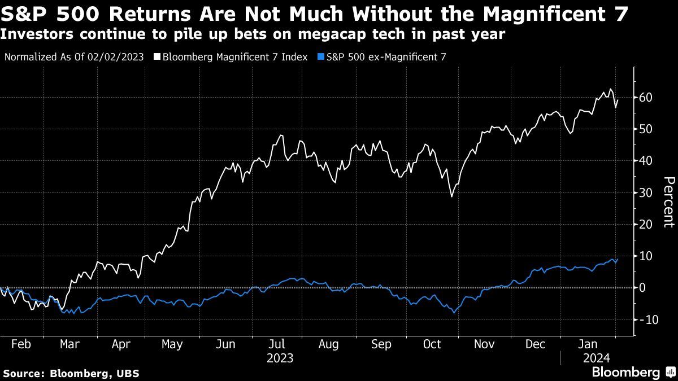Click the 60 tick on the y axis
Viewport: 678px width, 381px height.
point(646,98)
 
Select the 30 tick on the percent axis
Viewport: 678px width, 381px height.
point(646,193)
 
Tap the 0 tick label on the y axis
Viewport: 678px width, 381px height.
point(643,288)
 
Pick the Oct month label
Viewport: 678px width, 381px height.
point(433,345)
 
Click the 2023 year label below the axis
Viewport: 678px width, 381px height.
point(280,358)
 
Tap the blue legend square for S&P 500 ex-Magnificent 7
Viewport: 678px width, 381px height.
point(321,57)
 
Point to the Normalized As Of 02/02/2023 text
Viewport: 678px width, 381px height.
point(74,57)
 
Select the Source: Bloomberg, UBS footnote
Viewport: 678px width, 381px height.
point(71,373)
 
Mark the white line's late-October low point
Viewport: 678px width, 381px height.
point(451,196)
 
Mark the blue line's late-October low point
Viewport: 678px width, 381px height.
point(453,313)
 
